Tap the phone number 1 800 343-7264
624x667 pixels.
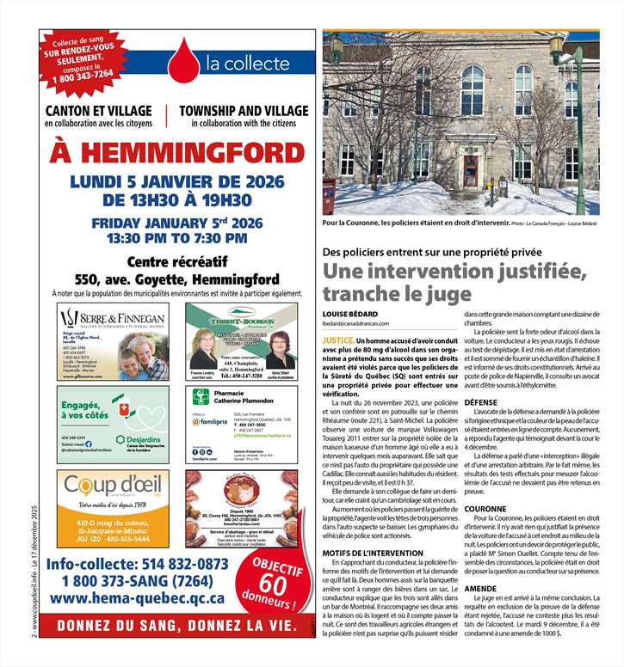tap(83, 74)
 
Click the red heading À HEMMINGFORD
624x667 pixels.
tap(176, 153)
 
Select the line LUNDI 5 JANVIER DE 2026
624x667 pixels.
tap(176, 182)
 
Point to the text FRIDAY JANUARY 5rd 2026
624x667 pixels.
tap(176, 222)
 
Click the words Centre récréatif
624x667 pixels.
tap(176, 262)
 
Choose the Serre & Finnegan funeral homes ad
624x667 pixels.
tap(108, 341)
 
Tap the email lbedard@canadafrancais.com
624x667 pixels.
tap(356, 324)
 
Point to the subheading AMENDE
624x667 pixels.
tap(488, 589)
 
